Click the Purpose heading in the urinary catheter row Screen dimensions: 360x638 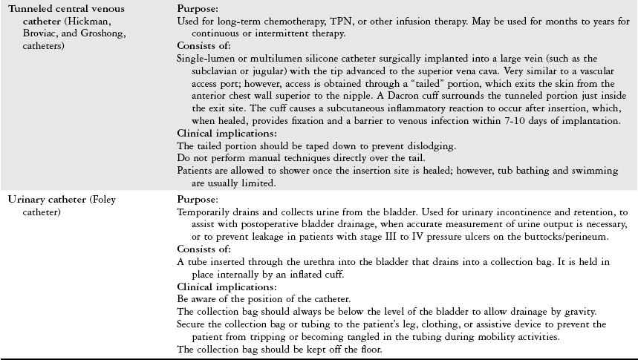click(198, 200)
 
